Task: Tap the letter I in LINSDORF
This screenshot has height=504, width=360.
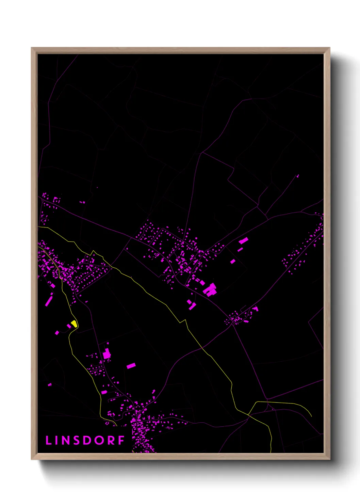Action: point(57,440)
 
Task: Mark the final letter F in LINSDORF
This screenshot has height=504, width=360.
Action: point(121,440)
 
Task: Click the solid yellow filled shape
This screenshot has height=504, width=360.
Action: point(74,324)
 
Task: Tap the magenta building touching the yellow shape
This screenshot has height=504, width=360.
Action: point(69,326)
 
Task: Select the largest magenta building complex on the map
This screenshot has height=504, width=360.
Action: point(210,290)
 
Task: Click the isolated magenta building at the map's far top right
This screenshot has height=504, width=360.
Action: point(298,176)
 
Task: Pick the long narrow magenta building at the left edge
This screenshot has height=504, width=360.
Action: point(49,301)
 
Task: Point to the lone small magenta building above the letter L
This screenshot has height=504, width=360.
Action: point(50,384)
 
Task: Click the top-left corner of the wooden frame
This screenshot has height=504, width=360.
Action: point(31,48)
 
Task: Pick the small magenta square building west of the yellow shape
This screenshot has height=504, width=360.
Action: point(57,333)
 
